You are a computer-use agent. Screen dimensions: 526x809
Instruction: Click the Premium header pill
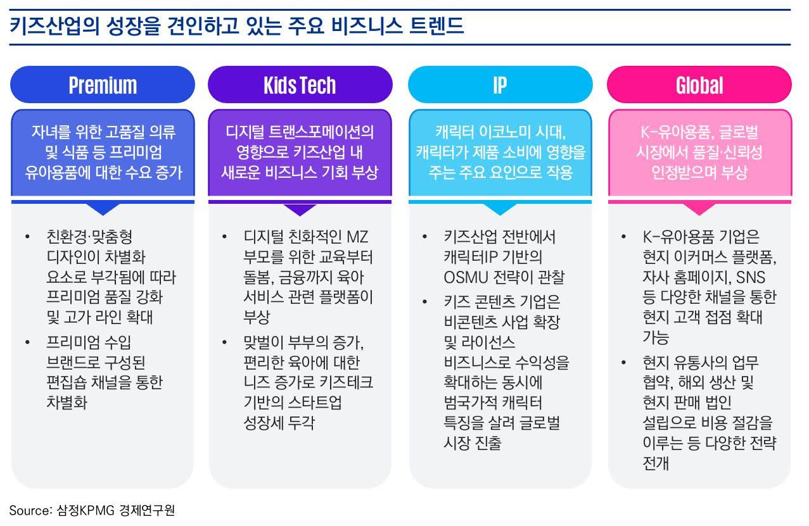point(103,85)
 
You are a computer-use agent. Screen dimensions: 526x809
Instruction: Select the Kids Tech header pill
point(300,85)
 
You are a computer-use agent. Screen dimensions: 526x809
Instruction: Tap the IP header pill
point(499,85)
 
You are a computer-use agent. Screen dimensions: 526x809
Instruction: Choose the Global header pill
point(699,85)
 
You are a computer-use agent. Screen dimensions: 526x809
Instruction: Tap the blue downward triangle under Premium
point(103,209)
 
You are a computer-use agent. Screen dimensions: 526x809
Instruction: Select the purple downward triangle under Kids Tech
point(300,210)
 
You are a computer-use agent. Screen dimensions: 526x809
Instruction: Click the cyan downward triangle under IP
point(499,209)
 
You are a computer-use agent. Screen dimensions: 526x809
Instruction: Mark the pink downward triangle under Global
point(699,209)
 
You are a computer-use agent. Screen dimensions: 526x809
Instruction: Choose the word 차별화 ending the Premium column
point(67,403)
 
